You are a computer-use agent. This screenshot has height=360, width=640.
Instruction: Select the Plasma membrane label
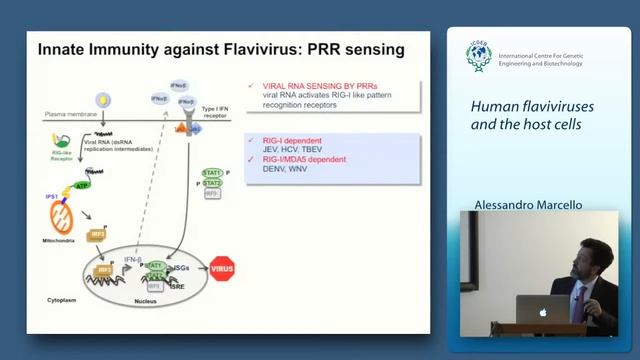(x=62, y=114)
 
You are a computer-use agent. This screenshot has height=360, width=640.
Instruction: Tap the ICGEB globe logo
(x=479, y=57)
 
